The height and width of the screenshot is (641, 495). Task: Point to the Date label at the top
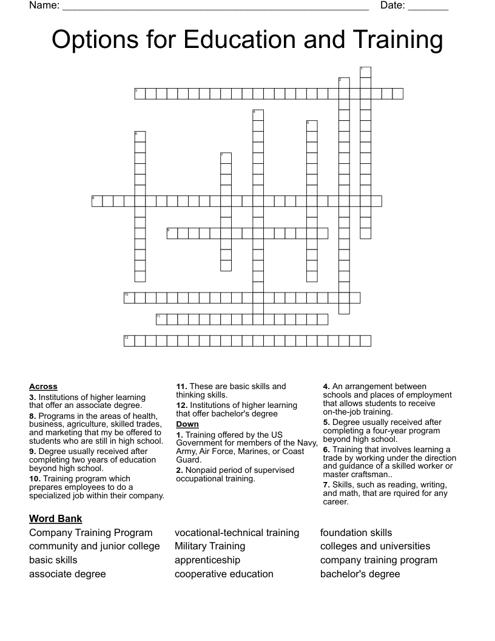pyautogui.click(x=392, y=5)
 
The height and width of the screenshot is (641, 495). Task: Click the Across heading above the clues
pyautogui.click(x=43, y=386)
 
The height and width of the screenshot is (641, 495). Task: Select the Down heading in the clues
pyautogui.click(x=187, y=424)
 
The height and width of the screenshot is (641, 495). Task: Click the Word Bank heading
pyautogui.click(x=56, y=518)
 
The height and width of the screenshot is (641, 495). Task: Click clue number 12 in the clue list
pyautogui.click(x=182, y=405)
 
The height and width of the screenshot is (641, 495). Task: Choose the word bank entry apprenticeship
pyautogui.click(x=207, y=560)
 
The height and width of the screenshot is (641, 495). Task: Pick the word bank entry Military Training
pyautogui.click(x=210, y=546)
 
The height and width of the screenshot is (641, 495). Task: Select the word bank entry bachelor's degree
pyautogui.click(x=360, y=574)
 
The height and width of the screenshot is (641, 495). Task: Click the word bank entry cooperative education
pyautogui.click(x=224, y=574)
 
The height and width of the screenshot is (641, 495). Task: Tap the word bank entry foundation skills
pyautogui.click(x=356, y=532)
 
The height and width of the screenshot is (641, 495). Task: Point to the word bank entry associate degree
pyautogui.click(x=67, y=574)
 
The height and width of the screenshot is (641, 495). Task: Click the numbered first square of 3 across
pyautogui.click(x=140, y=93)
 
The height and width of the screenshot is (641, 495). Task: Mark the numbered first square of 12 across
pyautogui.click(x=129, y=341)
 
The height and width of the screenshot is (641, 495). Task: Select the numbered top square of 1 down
pyautogui.click(x=365, y=72)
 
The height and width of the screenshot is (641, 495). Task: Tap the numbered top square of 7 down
pyautogui.click(x=226, y=158)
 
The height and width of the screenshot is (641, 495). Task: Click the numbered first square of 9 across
pyautogui.click(x=172, y=233)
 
